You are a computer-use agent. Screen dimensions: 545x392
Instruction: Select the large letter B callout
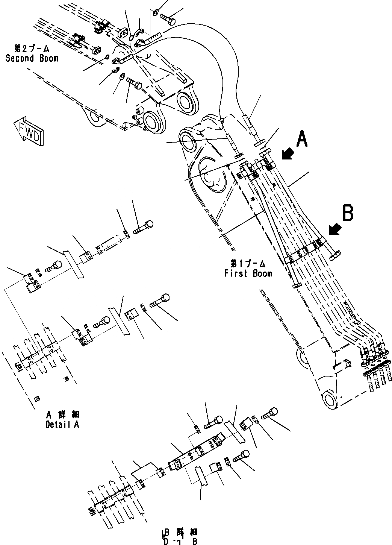tap(348, 213)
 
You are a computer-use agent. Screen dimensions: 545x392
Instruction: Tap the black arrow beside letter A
tap(288, 153)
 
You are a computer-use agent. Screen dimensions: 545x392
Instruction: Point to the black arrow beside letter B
tap(334, 229)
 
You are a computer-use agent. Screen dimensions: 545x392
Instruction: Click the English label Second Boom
tap(32, 58)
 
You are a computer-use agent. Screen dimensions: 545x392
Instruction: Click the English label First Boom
tap(248, 273)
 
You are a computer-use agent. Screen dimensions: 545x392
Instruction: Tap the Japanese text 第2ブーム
tap(32, 49)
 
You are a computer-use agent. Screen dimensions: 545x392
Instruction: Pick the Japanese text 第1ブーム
tap(248, 263)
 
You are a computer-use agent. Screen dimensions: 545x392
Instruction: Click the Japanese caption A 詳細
tap(62, 414)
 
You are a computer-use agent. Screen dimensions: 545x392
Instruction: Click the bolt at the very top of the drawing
tap(167, 17)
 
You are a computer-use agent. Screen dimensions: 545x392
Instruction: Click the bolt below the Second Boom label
tap(134, 82)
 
